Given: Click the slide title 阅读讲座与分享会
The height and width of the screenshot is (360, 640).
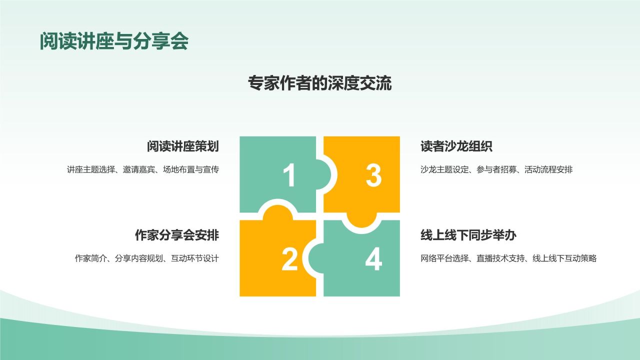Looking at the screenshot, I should coord(114,42).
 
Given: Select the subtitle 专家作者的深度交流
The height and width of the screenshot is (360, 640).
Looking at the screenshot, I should coord(319,83).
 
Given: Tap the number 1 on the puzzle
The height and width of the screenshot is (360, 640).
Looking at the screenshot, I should coord(289,176).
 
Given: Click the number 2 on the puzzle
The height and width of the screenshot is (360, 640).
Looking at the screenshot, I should coord(289,259).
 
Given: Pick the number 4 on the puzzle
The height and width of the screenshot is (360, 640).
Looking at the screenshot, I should coord(373,259).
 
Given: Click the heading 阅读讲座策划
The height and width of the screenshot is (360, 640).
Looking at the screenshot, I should coord(182,146).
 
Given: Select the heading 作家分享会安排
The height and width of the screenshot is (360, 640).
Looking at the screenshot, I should coord(176,235).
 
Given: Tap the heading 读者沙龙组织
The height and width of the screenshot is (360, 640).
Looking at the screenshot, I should coord(456,146).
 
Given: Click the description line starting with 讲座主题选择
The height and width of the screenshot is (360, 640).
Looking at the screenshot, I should coord(143,169).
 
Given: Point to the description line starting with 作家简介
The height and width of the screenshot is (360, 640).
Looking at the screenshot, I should coord(147,258).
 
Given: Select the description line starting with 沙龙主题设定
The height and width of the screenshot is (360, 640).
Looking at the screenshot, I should coord(496,169).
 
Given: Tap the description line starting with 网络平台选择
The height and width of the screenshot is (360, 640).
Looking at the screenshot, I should coord(508,258).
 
